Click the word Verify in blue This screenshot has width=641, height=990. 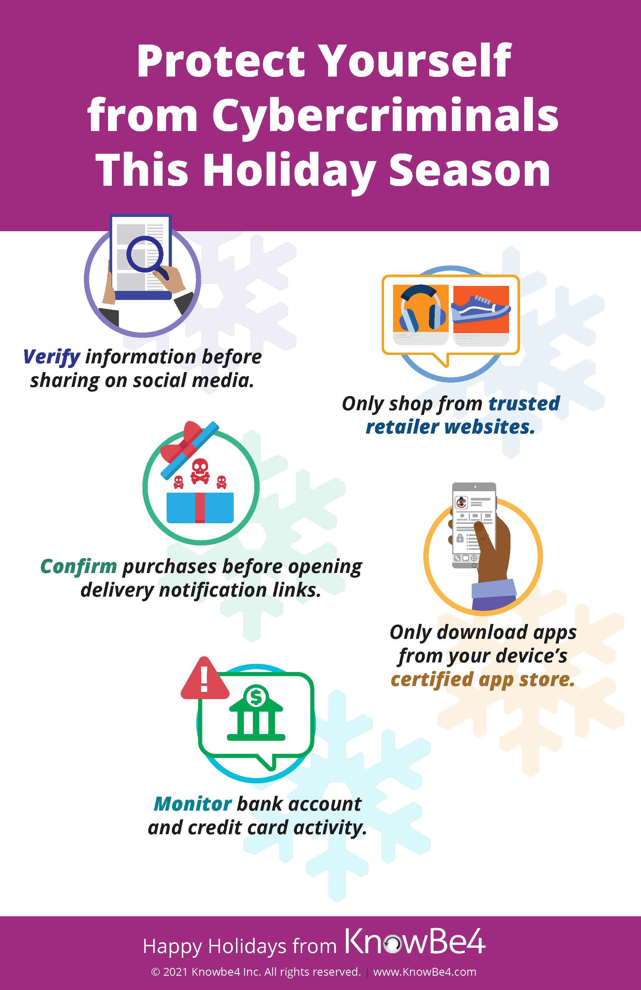point(52,357)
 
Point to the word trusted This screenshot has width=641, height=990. point(524,404)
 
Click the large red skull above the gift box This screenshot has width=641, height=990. point(200,471)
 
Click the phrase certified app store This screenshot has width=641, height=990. point(483,679)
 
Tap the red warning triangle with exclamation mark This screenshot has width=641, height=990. point(204,678)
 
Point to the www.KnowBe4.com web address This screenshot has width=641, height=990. point(425,972)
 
